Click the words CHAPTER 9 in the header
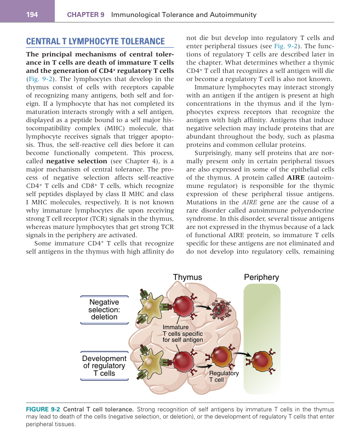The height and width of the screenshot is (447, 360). pos(85,15)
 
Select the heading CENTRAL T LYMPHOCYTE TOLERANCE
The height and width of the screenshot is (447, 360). pos(95,42)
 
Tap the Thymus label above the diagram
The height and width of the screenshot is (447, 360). pos(187,278)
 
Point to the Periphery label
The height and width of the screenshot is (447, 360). pos(261,278)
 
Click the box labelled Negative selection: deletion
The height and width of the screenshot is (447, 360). pos(104,309)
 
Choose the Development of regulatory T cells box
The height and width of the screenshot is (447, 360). pos(104,365)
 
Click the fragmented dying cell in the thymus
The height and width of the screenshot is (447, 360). pos(224,310)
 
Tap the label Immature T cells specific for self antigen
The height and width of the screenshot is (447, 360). pos(182,334)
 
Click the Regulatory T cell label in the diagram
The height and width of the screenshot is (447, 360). pos(224,376)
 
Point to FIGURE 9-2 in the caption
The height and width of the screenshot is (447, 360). pos(43,409)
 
